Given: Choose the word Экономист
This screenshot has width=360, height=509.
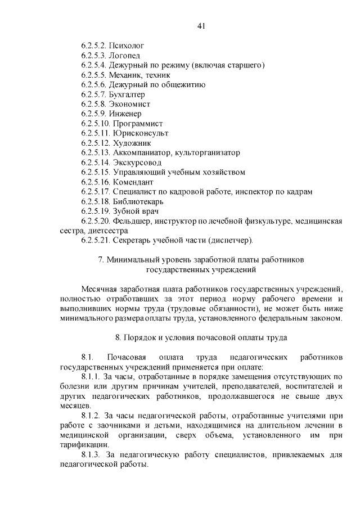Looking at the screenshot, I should (129, 104).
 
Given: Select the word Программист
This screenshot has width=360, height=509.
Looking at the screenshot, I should (138, 123).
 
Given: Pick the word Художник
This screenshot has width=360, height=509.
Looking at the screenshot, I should (132, 143).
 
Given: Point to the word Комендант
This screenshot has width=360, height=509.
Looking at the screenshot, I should (133, 182).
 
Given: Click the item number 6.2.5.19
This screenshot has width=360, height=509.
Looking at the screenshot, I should (95, 211).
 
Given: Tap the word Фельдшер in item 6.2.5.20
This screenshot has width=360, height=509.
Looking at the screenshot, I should (132, 221).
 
